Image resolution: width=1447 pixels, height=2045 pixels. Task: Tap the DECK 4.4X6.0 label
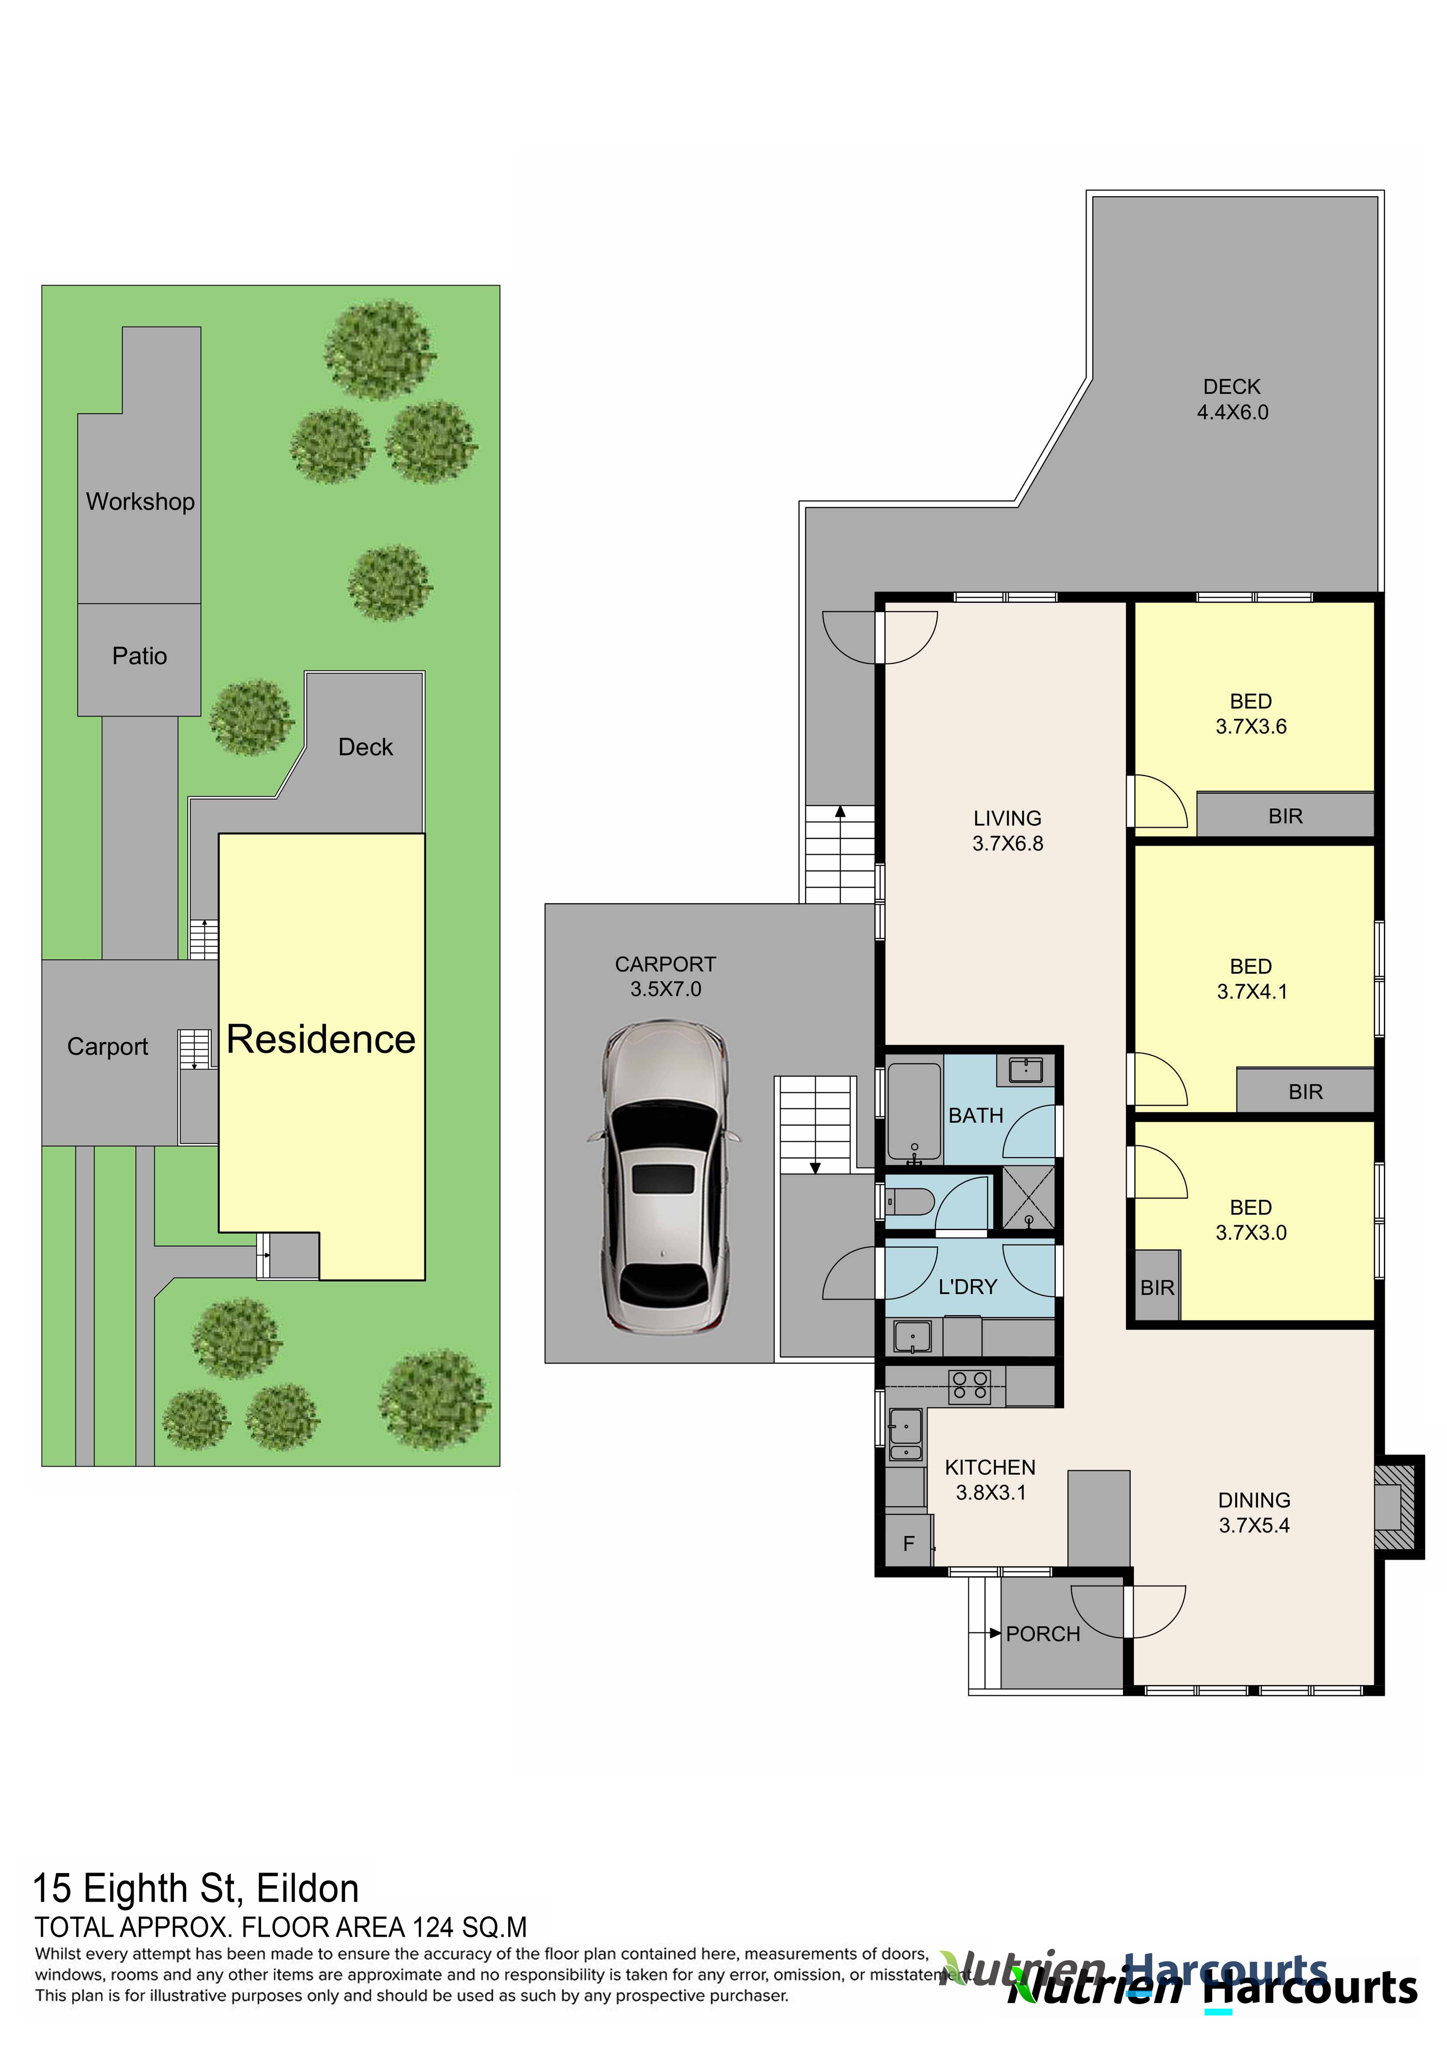pos(1232,400)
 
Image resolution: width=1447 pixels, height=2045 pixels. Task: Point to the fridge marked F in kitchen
pos(908,1543)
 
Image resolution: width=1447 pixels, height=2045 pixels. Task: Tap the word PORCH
pos(1042,1634)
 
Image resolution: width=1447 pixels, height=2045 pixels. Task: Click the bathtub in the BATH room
pos(914,1112)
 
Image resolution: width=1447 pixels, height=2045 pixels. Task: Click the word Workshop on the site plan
pos(140,502)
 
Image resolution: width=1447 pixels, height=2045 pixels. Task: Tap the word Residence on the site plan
pos(321,1039)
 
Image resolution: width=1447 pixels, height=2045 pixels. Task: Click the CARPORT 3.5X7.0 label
pos(666,976)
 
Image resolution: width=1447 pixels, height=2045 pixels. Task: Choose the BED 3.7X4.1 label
pos(1252,979)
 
